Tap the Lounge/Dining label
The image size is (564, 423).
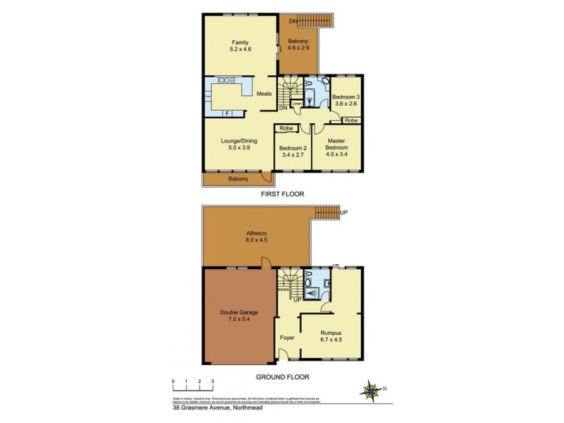point(239,140)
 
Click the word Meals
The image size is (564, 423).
point(264,94)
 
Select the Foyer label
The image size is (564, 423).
point(287,338)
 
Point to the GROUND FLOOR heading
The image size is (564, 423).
point(282,377)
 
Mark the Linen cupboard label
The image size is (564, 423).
point(297,104)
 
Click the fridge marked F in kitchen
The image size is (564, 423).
point(228,114)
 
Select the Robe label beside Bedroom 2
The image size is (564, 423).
point(286,128)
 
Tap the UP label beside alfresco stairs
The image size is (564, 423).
point(343,212)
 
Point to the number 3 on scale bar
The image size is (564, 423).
point(213,381)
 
